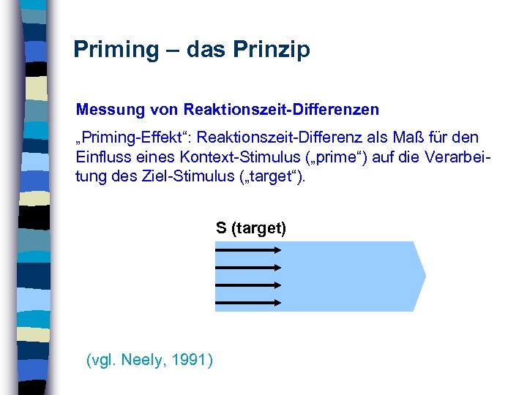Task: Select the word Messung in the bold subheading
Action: (x=102, y=110)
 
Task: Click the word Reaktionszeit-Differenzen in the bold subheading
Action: (x=282, y=110)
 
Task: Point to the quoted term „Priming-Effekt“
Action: (x=132, y=138)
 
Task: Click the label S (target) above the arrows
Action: (x=251, y=228)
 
